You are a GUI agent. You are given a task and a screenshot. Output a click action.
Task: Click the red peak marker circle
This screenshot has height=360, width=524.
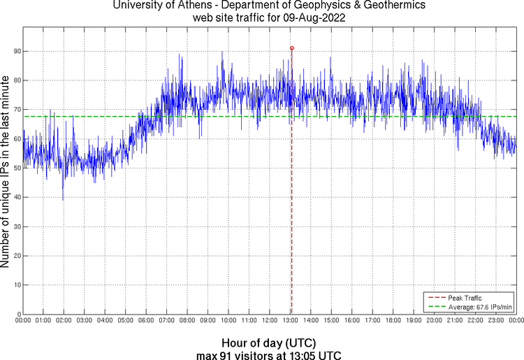(291, 48)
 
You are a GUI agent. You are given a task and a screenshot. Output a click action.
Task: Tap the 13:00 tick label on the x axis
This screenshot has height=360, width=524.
(290, 320)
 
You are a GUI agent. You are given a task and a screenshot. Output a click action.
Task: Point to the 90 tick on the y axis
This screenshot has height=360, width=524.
(16, 52)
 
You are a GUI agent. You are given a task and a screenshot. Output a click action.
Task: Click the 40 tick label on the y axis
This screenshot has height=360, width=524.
(16, 198)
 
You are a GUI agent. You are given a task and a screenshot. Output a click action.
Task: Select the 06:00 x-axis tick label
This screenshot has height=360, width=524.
(146, 320)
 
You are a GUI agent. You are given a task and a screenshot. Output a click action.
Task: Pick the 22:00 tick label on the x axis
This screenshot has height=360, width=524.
(475, 320)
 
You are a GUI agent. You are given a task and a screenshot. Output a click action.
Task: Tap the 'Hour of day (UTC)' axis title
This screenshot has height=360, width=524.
(269, 343)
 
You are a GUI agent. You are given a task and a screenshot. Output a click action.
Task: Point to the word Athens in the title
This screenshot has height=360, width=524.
(191, 6)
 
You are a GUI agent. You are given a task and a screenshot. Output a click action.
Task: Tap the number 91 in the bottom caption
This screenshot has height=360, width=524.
(225, 355)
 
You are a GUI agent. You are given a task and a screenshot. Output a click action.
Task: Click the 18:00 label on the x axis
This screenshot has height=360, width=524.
(393, 320)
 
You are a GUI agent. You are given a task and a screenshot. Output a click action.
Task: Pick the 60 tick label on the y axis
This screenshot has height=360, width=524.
(16, 139)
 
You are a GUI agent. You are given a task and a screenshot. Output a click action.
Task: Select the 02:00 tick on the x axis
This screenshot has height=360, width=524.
(64, 320)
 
